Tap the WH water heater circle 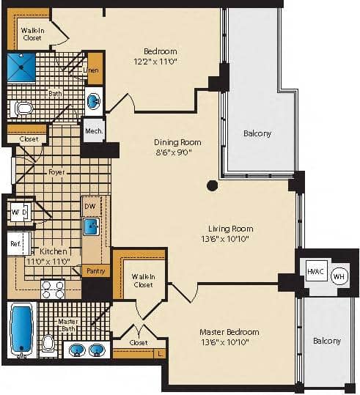point(339,276)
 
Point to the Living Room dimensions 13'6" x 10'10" point(229,238)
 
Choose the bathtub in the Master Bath point(21,329)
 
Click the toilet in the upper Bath point(25,109)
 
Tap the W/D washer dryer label point(19,213)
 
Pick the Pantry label point(96,271)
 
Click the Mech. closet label point(94,130)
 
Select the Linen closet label point(95,69)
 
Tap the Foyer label point(56,172)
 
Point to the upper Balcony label point(257,133)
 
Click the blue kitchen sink point(92,226)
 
